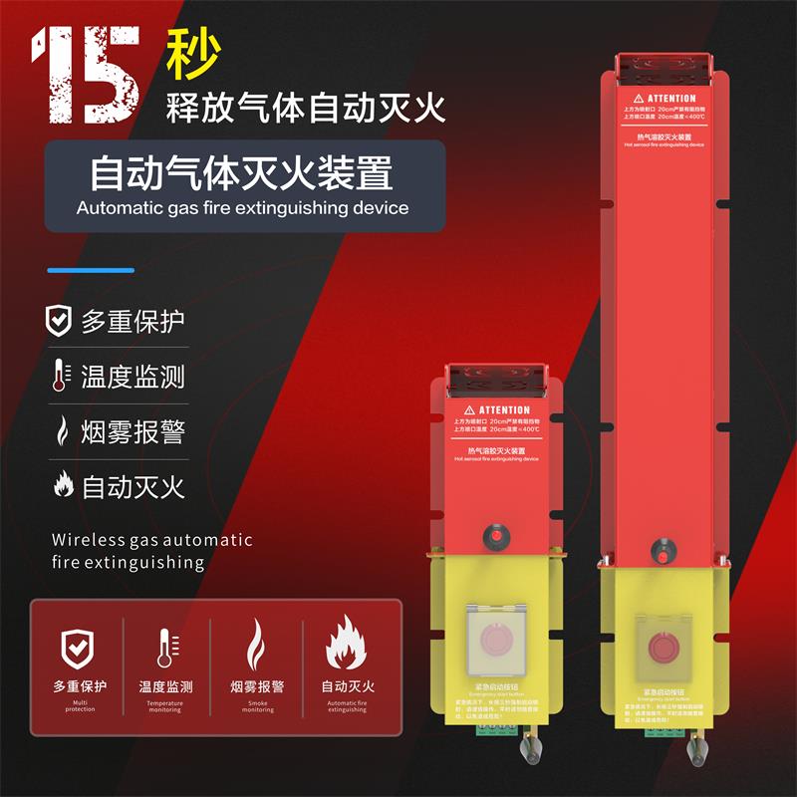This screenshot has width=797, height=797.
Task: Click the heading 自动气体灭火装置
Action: coord(241,172)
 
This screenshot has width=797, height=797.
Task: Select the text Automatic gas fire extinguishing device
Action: coord(242,208)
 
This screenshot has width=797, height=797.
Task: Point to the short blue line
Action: coord(91,270)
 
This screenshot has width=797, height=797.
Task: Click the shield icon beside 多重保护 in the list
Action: coord(59,321)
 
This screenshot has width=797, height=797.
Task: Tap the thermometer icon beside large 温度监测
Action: coord(59,377)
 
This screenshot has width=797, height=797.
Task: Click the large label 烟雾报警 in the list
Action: coord(133,432)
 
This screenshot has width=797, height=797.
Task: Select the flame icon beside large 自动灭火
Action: coord(61,487)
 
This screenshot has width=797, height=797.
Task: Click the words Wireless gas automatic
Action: coord(151,540)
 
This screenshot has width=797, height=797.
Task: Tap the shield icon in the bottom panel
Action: coord(79,649)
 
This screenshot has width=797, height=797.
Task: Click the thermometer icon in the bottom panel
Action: coord(164,649)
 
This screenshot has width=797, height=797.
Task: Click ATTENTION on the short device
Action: coord(504,409)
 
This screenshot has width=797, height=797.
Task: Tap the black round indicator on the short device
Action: coord(493,534)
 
